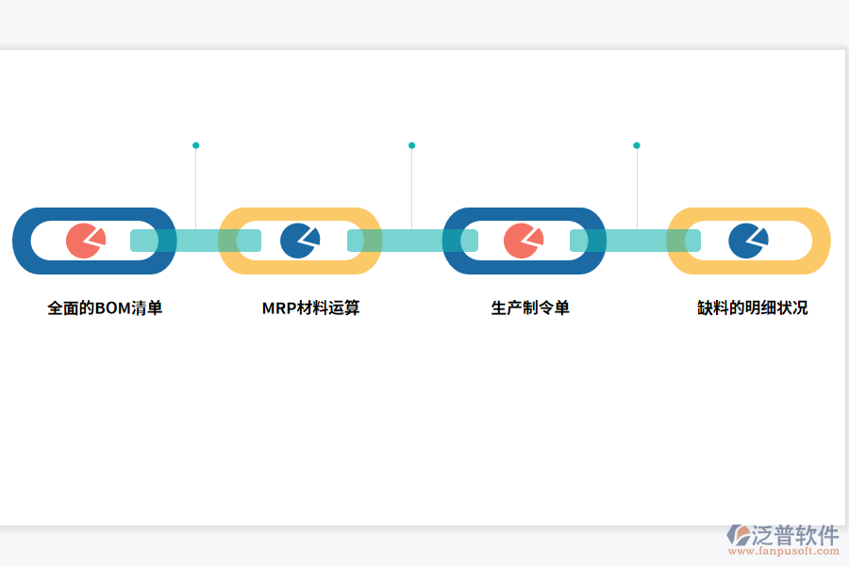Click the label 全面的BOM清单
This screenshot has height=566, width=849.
tap(105, 308)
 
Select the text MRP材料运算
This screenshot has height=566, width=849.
tap(310, 308)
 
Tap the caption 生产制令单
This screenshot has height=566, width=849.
tap(530, 308)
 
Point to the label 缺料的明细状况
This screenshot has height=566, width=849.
tap(752, 308)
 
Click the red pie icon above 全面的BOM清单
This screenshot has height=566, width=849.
tap(85, 241)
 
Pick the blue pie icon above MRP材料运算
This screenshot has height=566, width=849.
tap(300, 241)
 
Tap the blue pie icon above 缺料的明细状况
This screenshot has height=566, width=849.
tap(748, 241)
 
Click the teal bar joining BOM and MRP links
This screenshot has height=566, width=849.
tap(195, 241)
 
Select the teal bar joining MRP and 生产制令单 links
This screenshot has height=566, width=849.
tap(412, 241)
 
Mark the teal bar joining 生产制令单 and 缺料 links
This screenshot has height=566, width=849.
tap(635, 241)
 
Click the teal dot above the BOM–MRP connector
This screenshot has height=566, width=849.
tap(195, 145)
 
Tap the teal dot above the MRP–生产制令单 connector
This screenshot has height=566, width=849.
tap(411, 145)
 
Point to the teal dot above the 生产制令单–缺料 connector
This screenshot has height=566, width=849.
tap(637, 145)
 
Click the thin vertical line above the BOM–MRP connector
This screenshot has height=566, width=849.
tap(195, 189)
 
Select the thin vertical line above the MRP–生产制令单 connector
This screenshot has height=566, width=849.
tap(411, 189)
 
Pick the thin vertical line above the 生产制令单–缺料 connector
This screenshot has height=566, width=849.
tap(637, 189)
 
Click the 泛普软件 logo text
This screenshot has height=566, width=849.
tap(795, 535)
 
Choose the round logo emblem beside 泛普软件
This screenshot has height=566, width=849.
tap(739, 536)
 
